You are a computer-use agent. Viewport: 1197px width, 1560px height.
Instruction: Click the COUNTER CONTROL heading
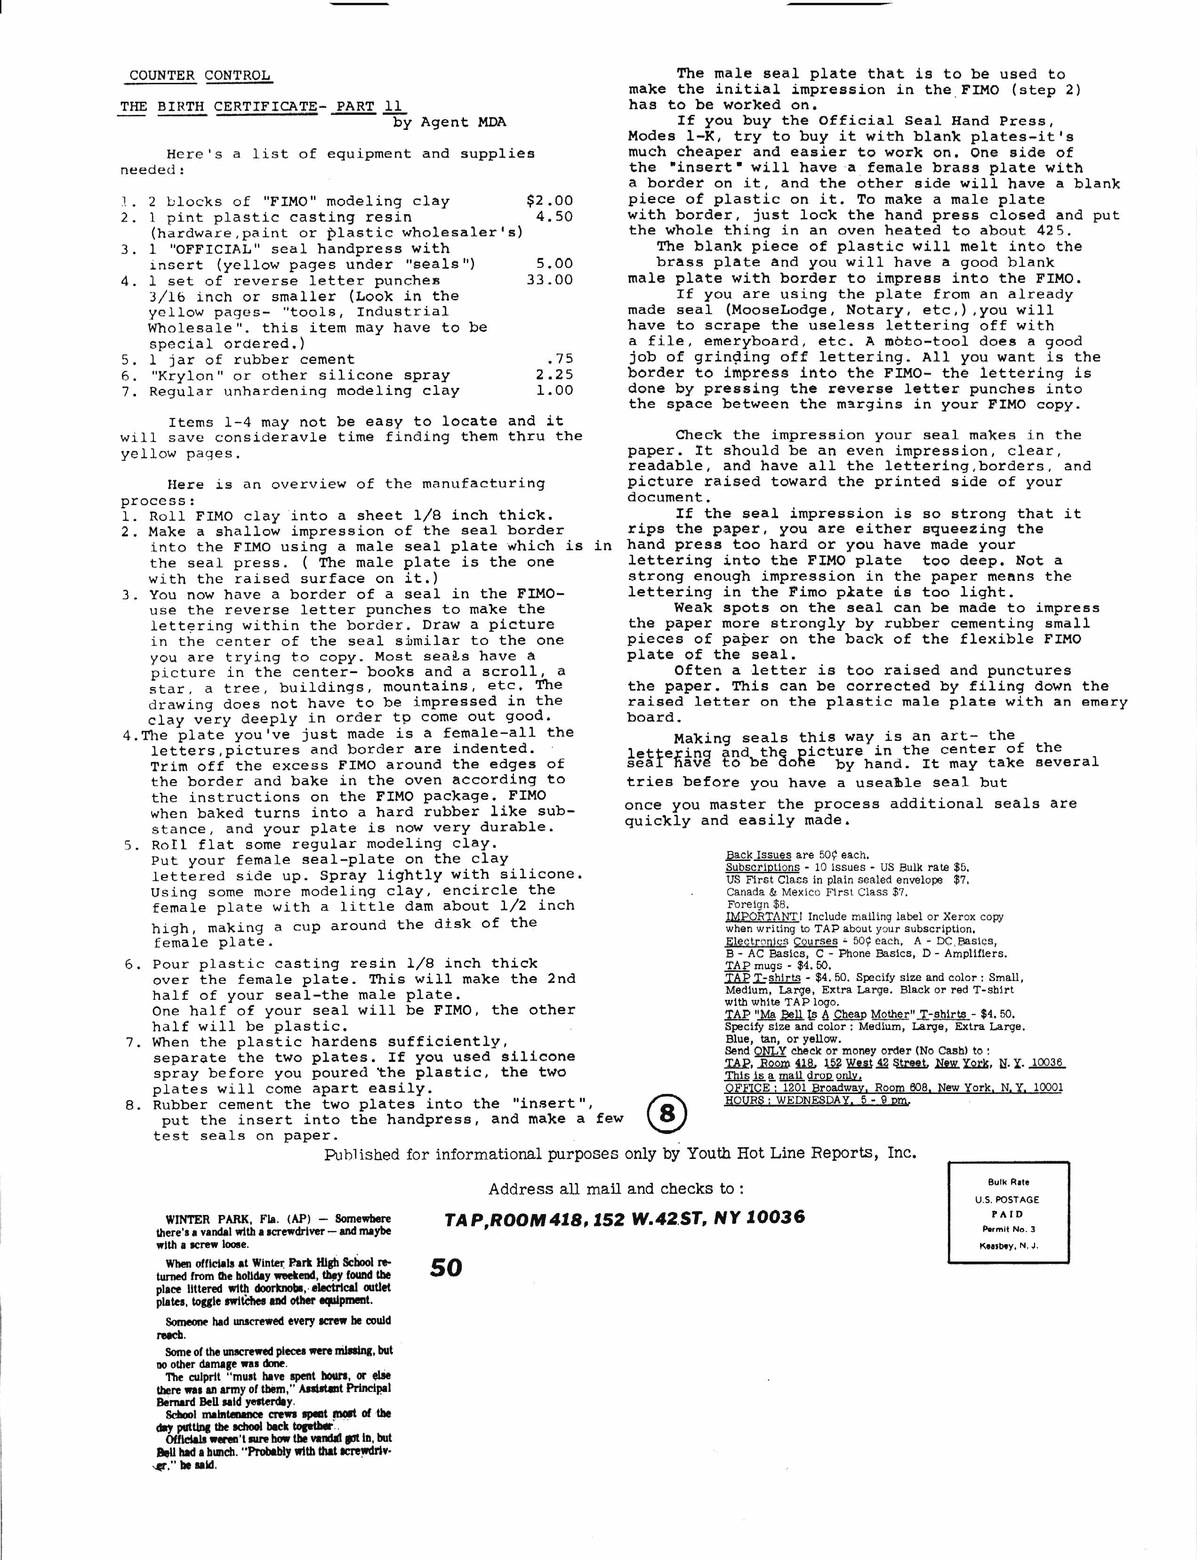point(200,75)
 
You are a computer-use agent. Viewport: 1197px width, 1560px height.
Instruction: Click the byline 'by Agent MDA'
point(449,122)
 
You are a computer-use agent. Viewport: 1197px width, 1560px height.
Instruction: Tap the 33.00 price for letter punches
point(549,280)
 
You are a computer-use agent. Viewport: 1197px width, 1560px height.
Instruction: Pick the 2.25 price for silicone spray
point(554,375)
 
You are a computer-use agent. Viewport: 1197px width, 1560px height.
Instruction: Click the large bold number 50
point(446,1268)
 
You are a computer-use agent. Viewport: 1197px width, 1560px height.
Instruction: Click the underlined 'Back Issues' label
point(758,855)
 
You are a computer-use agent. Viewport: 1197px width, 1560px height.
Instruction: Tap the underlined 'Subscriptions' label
point(763,868)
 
